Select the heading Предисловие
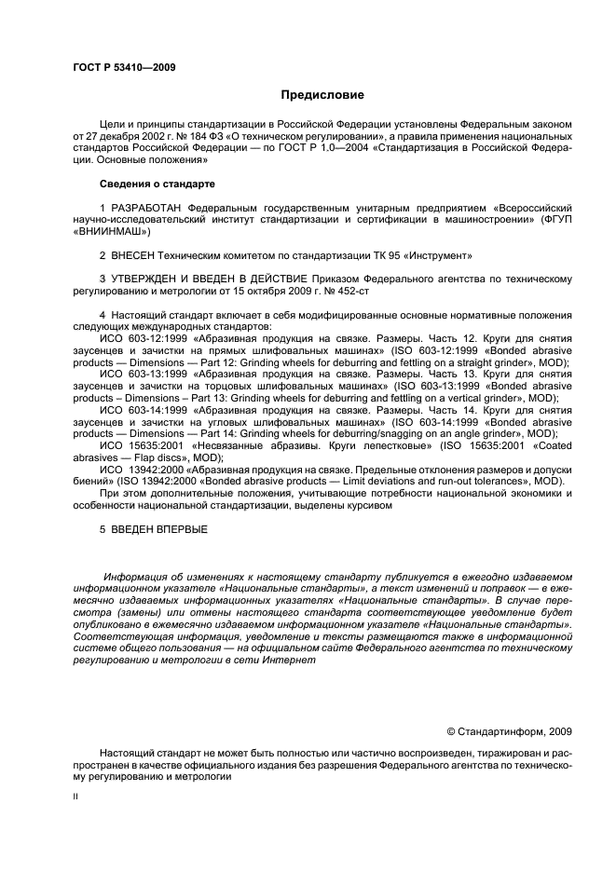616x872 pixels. [x=322, y=95]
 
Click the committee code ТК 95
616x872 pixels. [x=358, y=255]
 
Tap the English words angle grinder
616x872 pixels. [x=476, y=434]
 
